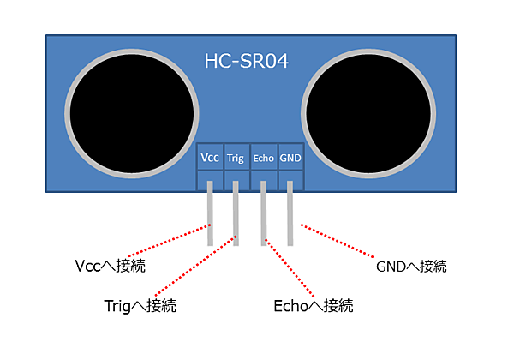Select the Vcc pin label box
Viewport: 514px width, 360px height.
209,158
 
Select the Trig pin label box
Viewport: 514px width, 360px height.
236,158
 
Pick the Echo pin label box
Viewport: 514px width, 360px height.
263,158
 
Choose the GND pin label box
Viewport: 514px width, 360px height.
290,158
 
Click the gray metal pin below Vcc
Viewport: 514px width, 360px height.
209,219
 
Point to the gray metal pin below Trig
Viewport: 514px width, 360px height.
236,219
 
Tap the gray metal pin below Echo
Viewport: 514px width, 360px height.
263,219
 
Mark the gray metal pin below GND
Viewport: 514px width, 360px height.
290,219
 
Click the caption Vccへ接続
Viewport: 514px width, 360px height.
111,266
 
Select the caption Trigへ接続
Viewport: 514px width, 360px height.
139,305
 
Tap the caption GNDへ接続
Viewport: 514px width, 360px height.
411,266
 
